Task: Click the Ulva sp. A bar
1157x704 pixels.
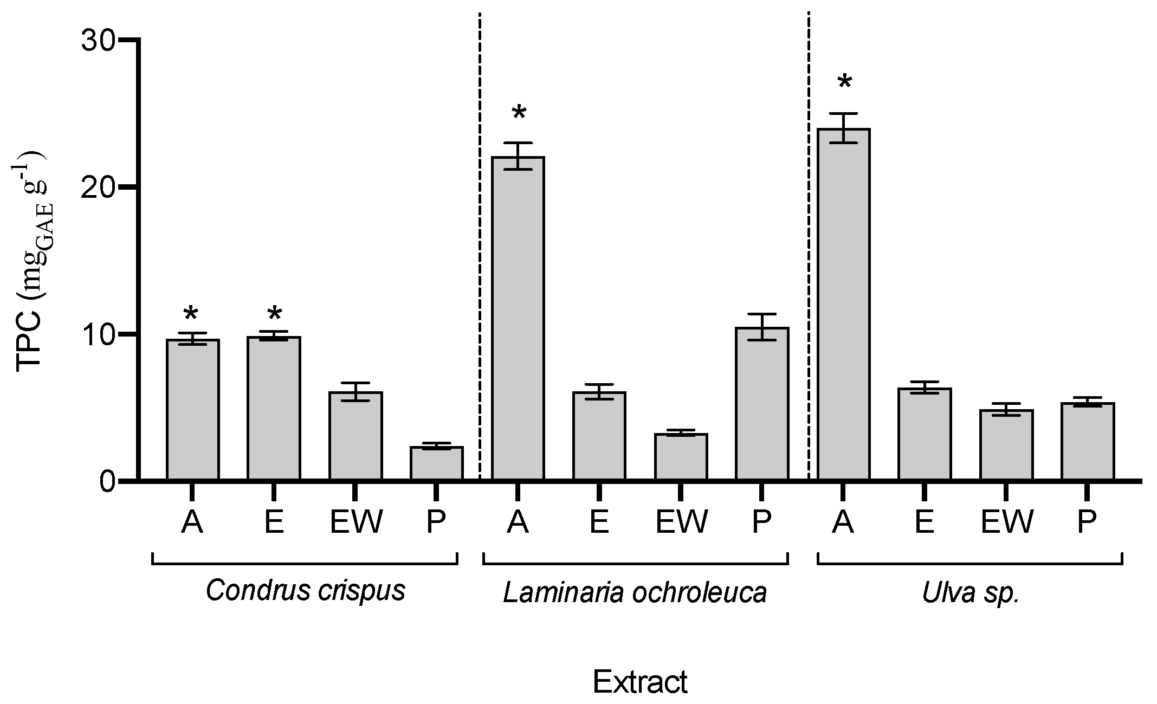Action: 843,303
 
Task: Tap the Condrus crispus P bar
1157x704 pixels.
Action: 436,463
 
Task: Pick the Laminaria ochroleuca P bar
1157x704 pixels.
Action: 762,404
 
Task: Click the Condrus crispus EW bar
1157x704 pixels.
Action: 355,436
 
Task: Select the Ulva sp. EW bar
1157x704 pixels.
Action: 1006,444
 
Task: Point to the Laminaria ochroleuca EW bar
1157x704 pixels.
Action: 681,456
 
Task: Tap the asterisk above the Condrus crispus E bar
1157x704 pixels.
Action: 275,314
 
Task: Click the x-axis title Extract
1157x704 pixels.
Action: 639,682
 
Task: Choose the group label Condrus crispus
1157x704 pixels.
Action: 305,590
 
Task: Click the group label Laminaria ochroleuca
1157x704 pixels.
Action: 635,592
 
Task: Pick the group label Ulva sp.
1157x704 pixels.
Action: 971,592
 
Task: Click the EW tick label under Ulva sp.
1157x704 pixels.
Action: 1007,522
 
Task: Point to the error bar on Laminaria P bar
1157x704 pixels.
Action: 762,327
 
